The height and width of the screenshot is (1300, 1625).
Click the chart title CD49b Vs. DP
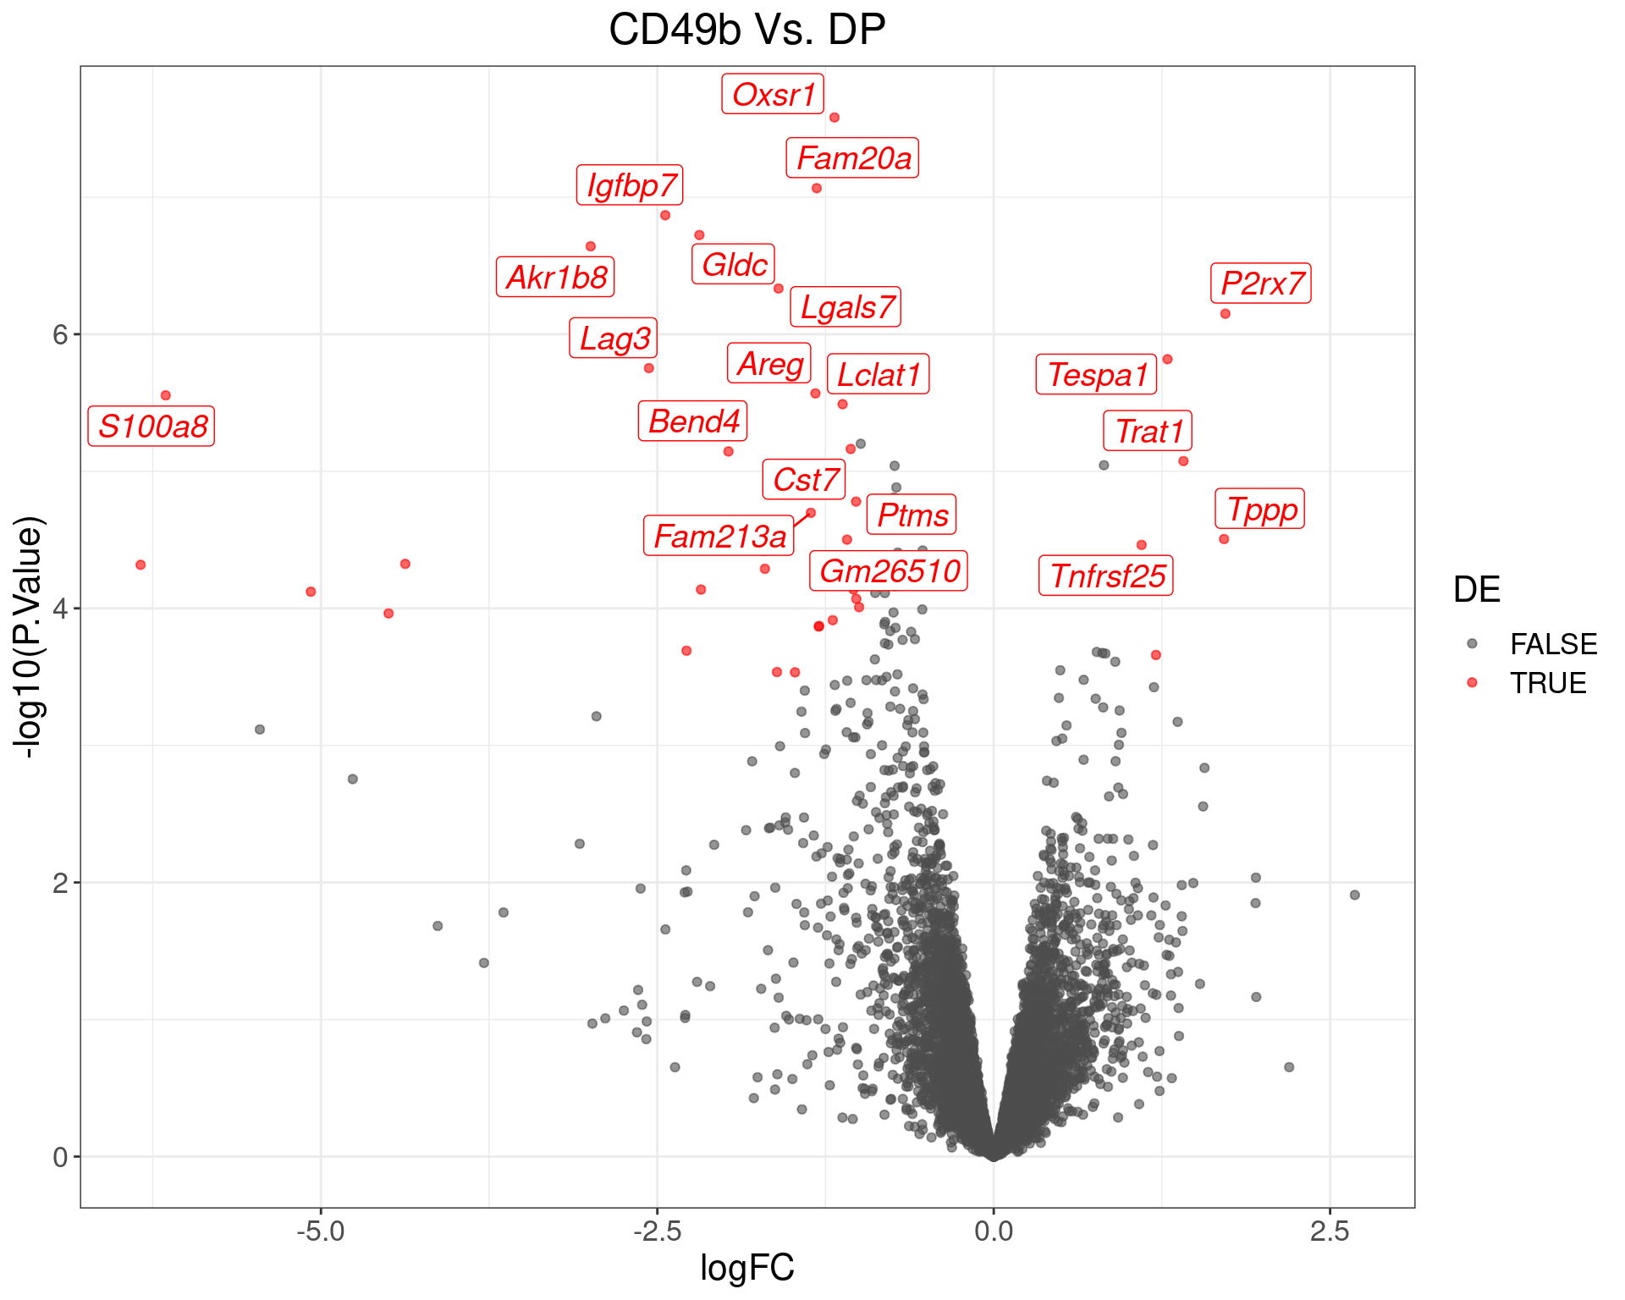click(x=746, y=30)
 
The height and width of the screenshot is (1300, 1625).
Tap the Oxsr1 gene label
click(x=773, y=94)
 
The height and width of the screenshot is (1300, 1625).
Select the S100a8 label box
click(x=151, y=426)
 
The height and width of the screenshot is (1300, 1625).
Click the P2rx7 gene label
click(x=1261, y=284)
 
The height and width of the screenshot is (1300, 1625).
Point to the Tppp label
click(x=1260, y=510)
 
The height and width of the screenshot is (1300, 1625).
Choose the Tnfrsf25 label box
click(x=1106, y=576)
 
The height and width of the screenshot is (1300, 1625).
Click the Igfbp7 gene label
click(x=631, y=185)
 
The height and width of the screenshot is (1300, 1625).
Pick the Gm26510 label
click(x=889, y=571)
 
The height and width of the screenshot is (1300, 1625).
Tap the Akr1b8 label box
click(x=555, y=278)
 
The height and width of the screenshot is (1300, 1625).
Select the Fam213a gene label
click(x=719, y=537)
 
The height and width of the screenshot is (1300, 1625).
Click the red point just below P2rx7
click(x=1225, y=314)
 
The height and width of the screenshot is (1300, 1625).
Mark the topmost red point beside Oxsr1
click(x=834, y=118)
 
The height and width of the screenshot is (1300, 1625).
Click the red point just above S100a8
click(x=166, y=395)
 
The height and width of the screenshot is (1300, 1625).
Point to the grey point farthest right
click(x=1354, y=895)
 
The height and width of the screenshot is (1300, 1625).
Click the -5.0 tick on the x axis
click(x=321, y=1231)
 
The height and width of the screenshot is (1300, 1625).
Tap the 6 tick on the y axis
click(x=59, y=334)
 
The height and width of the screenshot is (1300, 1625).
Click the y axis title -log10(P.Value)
click(x=29, y=636)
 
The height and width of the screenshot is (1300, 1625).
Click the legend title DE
click(x=1476, y=590)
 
